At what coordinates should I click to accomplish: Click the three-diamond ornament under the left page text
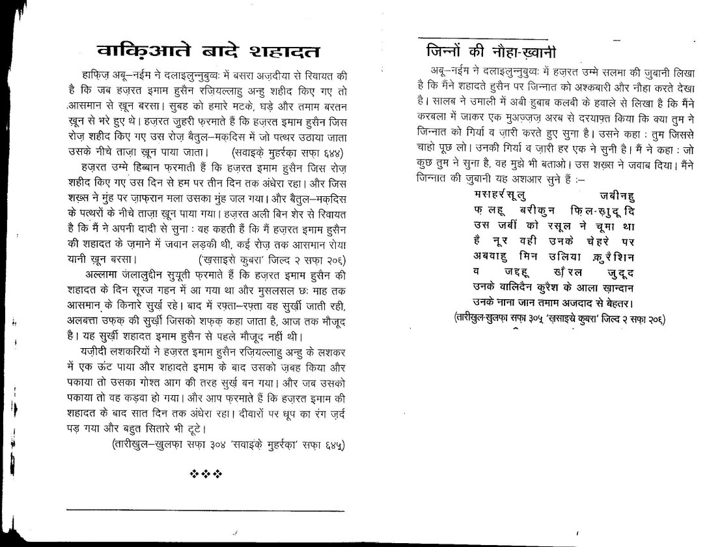point(205,471)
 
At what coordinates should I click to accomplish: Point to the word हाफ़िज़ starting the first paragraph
point(92,76)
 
